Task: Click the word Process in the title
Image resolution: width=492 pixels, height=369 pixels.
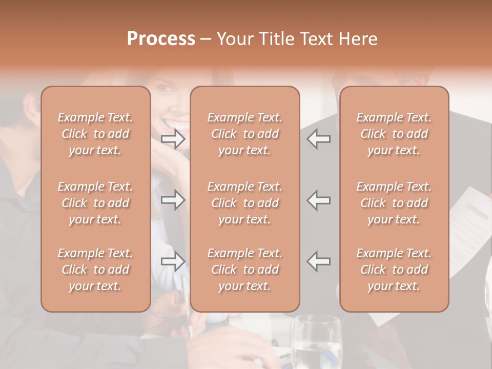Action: [x=161, y=39]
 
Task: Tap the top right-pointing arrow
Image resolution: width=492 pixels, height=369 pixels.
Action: [x=173, y=139]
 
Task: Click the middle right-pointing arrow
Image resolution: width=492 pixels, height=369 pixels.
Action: [x=173, y=200]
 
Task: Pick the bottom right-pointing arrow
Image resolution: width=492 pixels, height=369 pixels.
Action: [x=173, y=261]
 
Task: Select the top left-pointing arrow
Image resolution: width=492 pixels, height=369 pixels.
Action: [x=319, y=139]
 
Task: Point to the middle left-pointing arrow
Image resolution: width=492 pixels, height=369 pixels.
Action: [x=319, y=200]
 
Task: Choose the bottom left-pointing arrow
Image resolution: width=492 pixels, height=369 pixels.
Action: [x=319, y=261]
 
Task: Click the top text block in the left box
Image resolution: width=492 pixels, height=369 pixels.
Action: [x=95, y=134]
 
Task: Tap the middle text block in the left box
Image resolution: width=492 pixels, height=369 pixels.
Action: [x=95, y=203]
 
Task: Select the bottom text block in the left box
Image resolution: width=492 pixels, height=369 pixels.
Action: [x=95, y=270]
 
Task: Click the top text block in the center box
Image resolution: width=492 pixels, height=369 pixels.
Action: [x=244, y=134]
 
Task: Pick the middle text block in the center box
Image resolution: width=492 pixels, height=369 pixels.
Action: [x=244, y=203]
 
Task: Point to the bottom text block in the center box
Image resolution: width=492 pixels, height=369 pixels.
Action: [x=244, y=270]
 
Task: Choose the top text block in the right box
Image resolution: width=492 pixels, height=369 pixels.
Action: [x=394, y=134]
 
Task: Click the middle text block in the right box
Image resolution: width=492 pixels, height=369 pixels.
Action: [x=394, y=203]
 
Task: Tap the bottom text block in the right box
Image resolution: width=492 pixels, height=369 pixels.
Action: [x=394, y=270]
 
